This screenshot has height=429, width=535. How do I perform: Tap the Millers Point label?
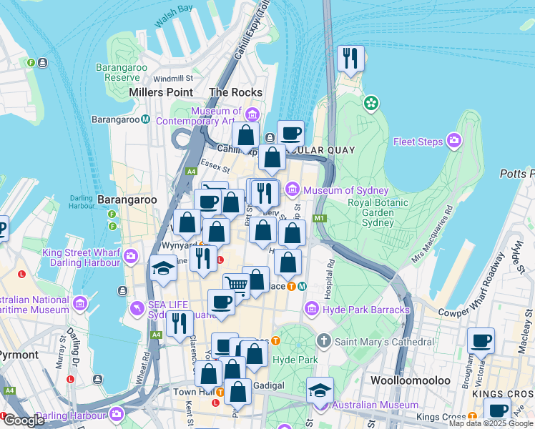[x=161, y=92]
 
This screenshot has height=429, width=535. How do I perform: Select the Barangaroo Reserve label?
[x=117, y=72]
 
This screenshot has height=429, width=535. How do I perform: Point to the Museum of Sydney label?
[x=346, y=190]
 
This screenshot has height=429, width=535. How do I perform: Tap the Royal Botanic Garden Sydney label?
[x=377, y=212]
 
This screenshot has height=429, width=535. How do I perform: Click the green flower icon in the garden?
[x=370, y=104]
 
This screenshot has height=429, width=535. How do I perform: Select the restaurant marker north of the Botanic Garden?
[x=350, y=59]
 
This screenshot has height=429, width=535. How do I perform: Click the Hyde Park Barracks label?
[x=366, y=310]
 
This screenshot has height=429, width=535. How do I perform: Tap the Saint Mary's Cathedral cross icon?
[x=324, y=341]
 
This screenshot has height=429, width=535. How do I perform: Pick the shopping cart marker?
[x=236, y=286]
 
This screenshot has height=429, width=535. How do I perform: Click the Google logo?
[x=23, y=420]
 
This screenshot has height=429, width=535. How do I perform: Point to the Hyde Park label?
[x=295, y=360]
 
